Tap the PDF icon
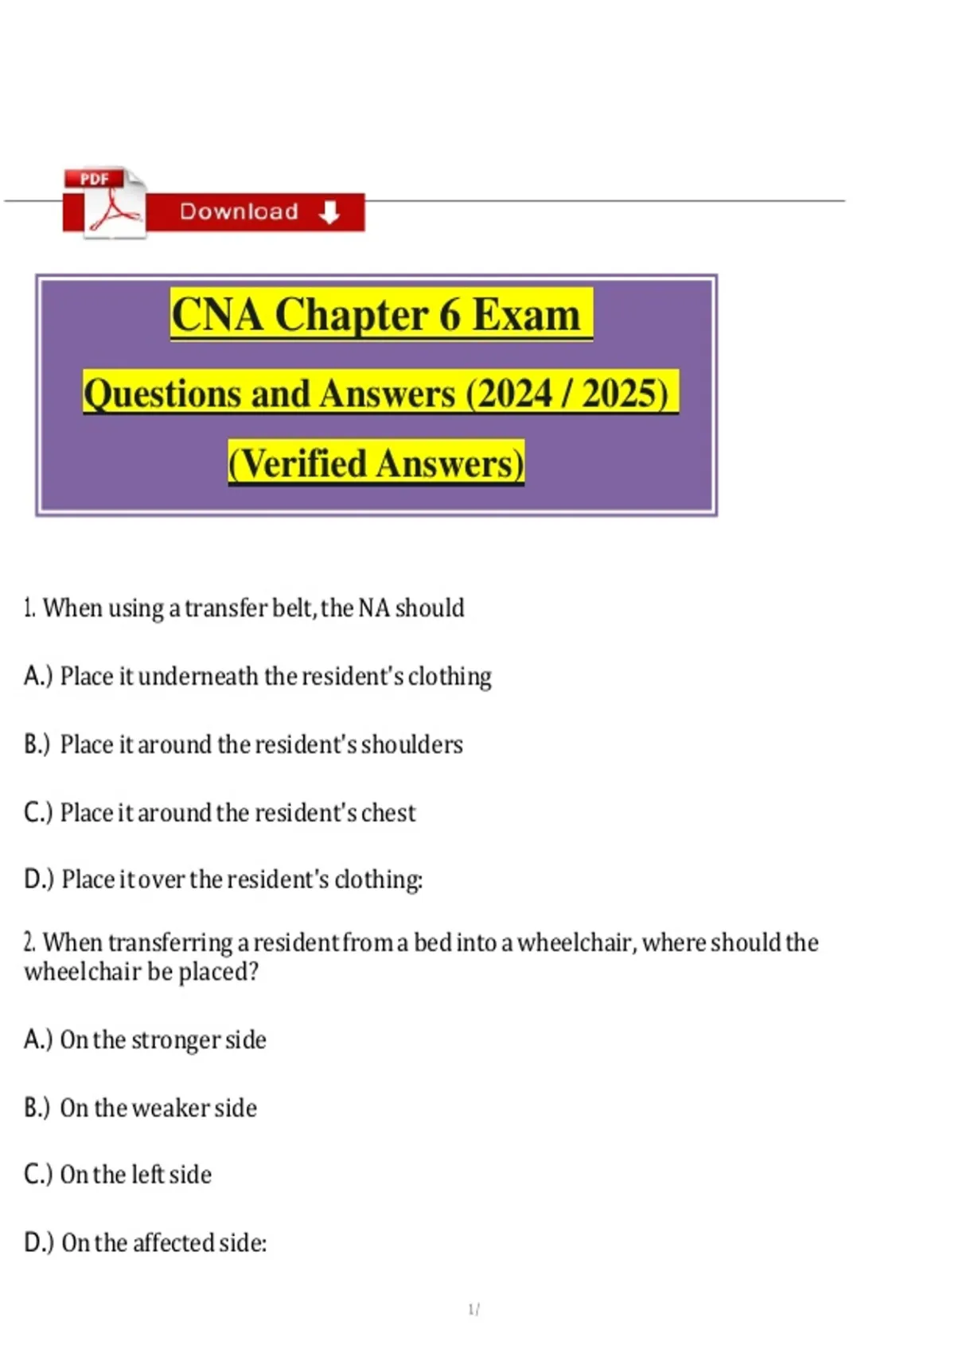104,203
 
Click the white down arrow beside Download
329,212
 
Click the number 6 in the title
450,315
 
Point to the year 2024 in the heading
514,394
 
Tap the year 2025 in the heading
621,394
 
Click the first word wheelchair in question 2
575,943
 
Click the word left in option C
147,1175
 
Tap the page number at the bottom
473,1309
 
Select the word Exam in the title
526,315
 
